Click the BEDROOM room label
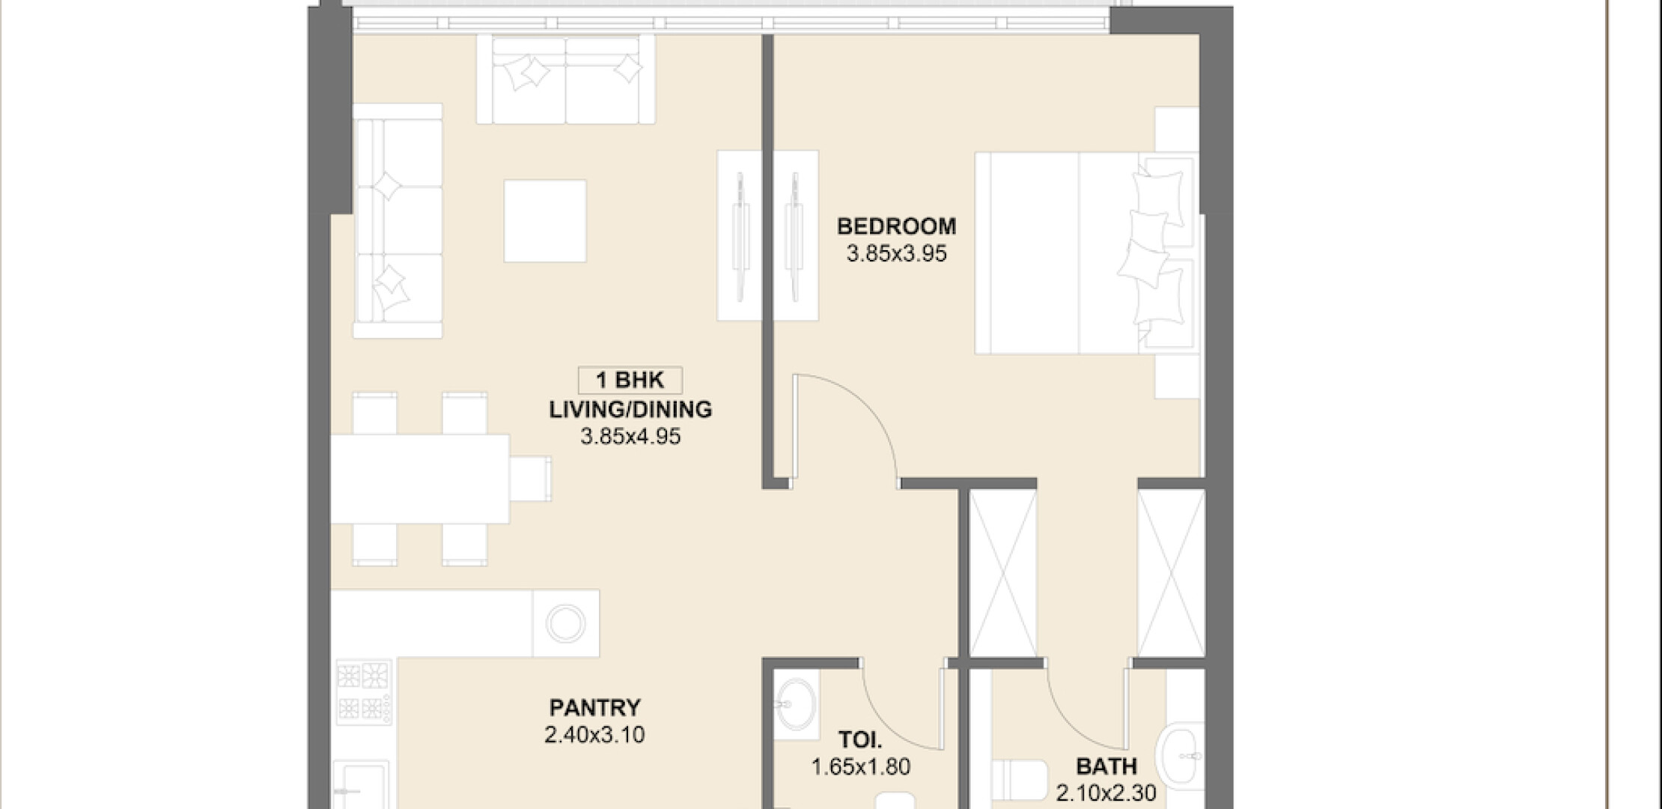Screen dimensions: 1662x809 [896, 226]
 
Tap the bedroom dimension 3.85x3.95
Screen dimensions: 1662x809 [896, 254]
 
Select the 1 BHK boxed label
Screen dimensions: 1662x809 [630, 381]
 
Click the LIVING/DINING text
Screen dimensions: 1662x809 [630, 410]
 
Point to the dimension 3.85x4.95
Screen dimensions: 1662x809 [630, 437]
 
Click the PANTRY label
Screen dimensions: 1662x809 [595, 707]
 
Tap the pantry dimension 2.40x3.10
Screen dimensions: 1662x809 [594, 735]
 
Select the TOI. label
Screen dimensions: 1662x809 [860, 740]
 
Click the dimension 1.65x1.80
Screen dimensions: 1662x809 [861, 767]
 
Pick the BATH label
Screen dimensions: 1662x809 [1107, 766]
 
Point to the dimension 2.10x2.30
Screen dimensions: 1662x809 [1107, 793]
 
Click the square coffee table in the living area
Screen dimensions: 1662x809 [545, 221]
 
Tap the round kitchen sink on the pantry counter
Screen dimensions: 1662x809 [565, 623]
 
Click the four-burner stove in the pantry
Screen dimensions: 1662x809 [364, 692]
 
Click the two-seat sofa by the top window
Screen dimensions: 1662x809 [566, 79]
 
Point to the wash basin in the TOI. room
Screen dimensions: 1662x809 [795, 704]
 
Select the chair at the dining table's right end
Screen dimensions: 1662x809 [531, 479]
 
